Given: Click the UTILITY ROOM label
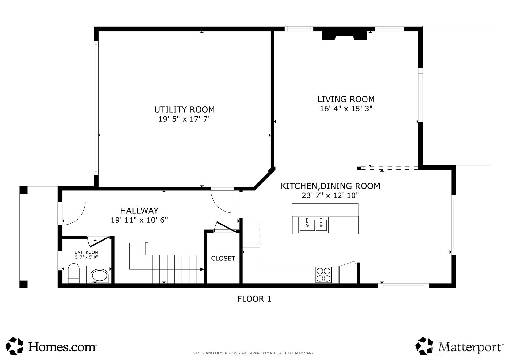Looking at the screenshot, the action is tap(184, 109).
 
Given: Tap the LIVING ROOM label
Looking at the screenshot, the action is tap(346, 99).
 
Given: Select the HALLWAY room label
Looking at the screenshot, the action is tap(139, 211).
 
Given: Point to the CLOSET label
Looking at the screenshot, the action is tap(223, 258).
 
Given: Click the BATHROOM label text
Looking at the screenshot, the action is tap(86, 252).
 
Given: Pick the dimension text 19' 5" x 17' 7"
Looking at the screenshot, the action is tap(185, 119).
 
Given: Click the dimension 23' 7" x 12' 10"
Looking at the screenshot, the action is tap(330, 195).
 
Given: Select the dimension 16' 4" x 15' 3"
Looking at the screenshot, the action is tap(346, 109).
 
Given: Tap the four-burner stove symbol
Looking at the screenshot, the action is tap(323, 275).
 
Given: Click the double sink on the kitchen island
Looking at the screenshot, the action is tap(314, 225).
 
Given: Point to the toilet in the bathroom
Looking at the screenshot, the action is tap(74, 273).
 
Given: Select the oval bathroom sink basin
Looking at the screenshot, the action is tap(100, 276).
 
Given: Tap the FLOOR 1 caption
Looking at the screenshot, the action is tap(254, 299).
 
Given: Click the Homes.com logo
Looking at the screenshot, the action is tap(51, 346).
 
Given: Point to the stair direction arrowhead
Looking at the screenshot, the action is tap(201, 269).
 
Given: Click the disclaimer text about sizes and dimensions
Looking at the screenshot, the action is tap(254, 353).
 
